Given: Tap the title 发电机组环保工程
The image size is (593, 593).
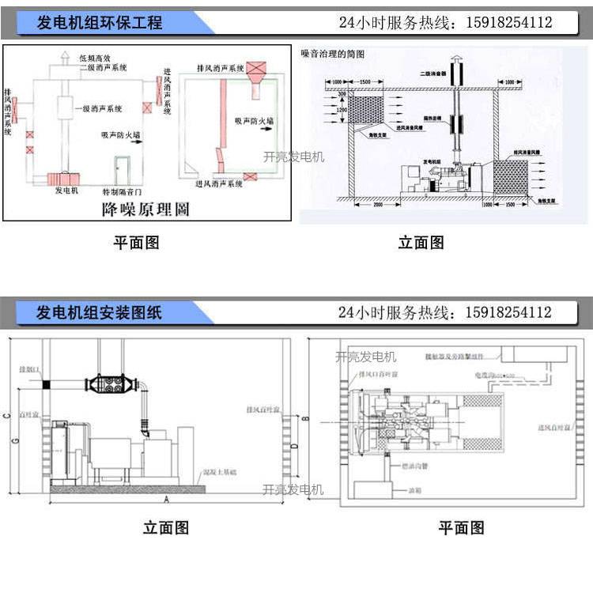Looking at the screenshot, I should pyautogui.click(x=100, y=23).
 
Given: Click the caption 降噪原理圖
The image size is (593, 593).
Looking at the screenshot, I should pyautogui.click(x=146, y=210).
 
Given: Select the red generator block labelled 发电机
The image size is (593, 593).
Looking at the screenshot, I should pyautogui.click(x=63, y=179).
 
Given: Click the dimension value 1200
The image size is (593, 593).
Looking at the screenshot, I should pyautogui.click(x=342, y=110).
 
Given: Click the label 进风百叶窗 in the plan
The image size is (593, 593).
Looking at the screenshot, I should pyautogui.click(x=553, y=428).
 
